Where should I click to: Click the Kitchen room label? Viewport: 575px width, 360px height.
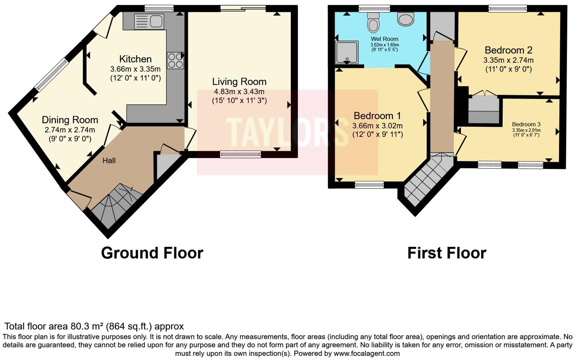click(x=135, y=59)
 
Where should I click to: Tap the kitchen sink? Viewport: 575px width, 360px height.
click(x=149, y=21)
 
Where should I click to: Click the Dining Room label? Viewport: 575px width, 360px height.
click(x=70, y=120)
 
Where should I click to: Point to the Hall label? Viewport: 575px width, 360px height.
click(x=109, y=161)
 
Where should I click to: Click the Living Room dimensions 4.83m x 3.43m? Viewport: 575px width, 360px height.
click(x=239, y=92)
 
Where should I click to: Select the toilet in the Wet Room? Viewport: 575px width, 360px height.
click(x=373, y=22)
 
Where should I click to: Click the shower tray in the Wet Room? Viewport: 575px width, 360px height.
click(x=347, y=52)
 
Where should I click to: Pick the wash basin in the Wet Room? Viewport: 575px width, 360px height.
click(x=406, y=19)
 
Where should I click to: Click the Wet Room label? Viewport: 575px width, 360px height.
click(x=384, y=39)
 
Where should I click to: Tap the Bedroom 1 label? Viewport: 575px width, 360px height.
click(x=377, y=116)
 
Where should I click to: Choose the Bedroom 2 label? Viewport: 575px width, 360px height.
click(x=508, y=50)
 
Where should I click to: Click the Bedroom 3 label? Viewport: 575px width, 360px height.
click(x=526, y=124)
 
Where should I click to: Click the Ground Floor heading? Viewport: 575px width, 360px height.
click(x=152, y=253)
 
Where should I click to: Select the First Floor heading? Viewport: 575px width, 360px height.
click(x=446, y=253)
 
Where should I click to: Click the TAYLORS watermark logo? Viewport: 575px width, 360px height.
click(x=287, y=132)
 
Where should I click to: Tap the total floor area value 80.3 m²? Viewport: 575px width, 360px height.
click(x=87, y=326)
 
